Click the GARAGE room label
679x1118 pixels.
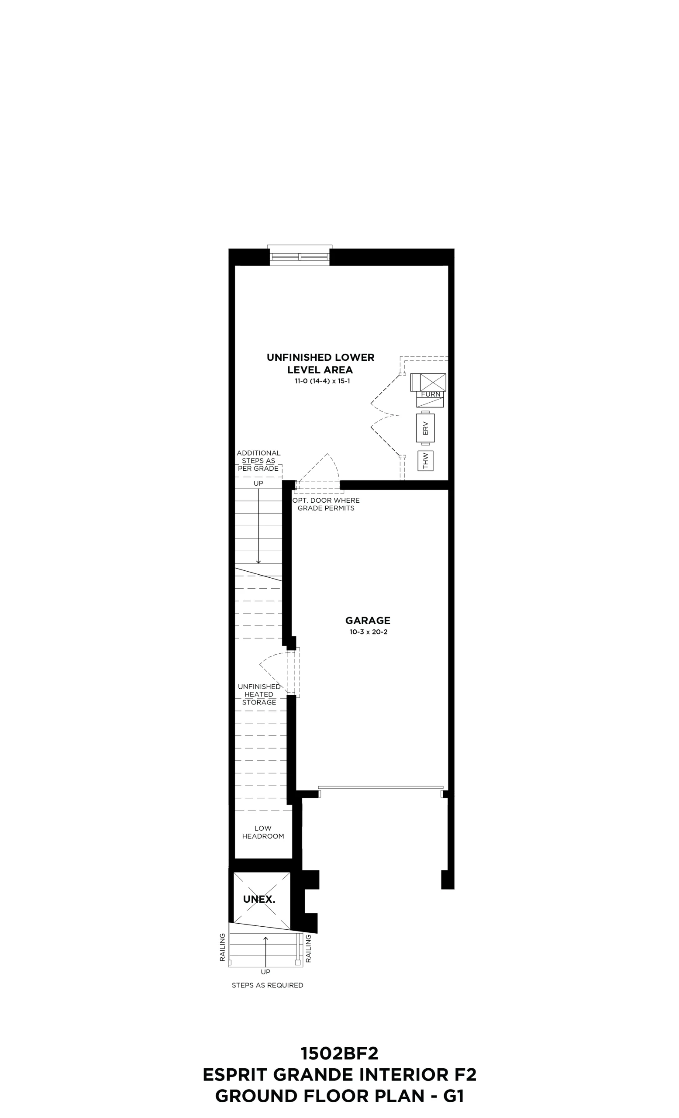[x=367, y=620]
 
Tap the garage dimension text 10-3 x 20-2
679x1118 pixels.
[x=368, y=632]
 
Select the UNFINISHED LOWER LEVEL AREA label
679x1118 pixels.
[x=320, y=363]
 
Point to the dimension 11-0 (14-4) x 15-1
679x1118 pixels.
[x=322, y=381]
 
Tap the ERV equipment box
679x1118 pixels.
[x=425, y=428]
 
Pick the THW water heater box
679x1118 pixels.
[x=425, y=461]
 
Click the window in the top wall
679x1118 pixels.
[x=300, y=255]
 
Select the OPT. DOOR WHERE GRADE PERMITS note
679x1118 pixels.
[x=326, y=504]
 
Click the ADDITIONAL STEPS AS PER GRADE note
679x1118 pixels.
[x=259, y=461]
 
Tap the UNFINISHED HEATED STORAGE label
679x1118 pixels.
[x=259, y=695]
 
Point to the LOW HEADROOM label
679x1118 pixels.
[x=263, y=832]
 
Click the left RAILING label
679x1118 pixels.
[x=222, y=947]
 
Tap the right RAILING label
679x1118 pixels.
[x=308, y=948]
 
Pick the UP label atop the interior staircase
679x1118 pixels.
[x=258, y=483]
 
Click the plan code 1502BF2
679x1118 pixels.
[x=339, y=1053]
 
